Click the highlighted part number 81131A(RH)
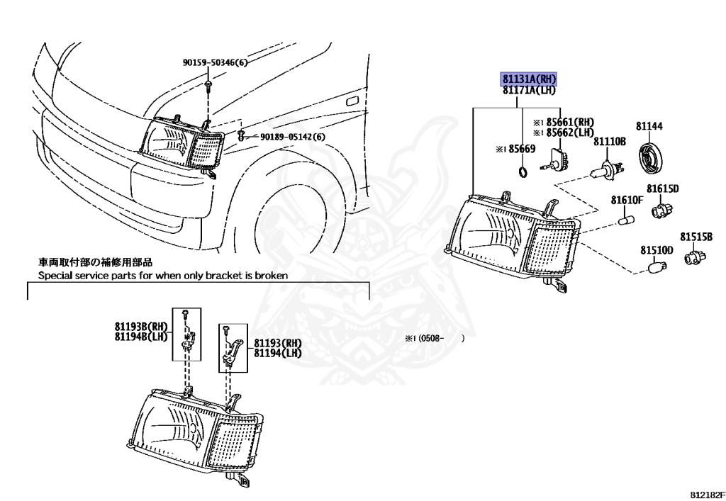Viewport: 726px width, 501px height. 529,79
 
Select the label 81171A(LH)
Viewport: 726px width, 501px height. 529,90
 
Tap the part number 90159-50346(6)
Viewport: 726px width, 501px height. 216,63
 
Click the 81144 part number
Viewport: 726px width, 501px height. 649,126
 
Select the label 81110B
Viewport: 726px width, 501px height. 610,142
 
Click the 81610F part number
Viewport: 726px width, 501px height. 627,201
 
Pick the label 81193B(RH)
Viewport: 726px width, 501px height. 140,327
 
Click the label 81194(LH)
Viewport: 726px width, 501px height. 278,353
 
